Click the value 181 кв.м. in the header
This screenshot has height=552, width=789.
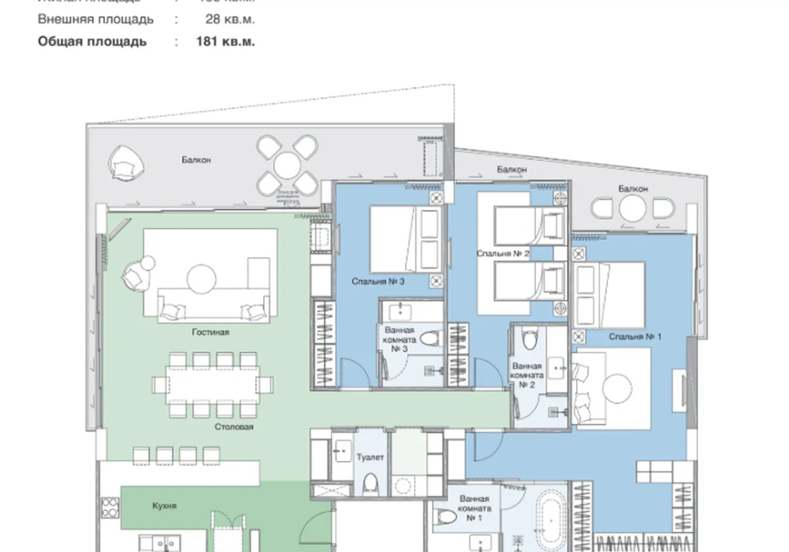tap(226, 41)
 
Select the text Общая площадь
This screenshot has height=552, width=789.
tap(92, 41)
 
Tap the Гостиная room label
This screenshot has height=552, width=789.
tap(210, 333)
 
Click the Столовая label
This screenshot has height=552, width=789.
tap(233, 426)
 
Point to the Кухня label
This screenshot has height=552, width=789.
tap(164, 506)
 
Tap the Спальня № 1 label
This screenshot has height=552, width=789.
tap(634, 336)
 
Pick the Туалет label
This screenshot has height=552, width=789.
tap(370, 457)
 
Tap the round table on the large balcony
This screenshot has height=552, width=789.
tap(287, 165)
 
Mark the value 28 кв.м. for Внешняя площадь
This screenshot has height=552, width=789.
tap(229, 20)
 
